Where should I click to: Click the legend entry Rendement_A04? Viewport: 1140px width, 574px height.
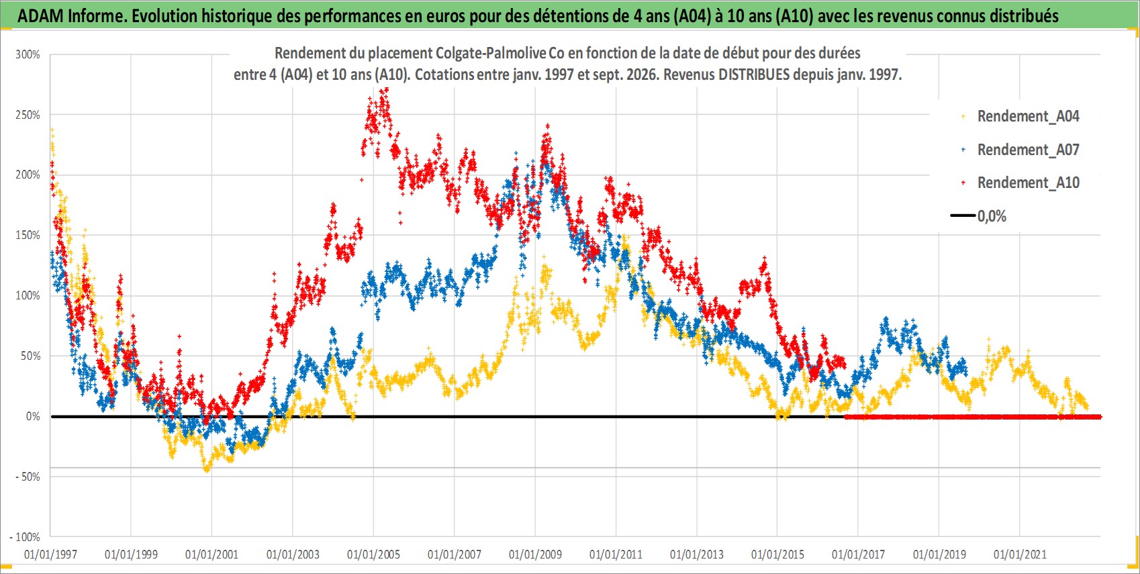1028,117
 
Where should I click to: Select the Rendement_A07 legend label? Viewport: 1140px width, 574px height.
1028,150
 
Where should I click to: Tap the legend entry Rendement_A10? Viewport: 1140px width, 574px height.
1028,183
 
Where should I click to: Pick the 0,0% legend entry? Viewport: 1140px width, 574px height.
992,216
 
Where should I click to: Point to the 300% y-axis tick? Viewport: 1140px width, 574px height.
28,54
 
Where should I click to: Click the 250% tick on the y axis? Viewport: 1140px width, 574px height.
28,115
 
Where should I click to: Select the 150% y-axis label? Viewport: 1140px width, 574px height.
28,235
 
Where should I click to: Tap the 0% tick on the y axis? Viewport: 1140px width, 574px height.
33,417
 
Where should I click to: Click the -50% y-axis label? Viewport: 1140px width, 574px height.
26,477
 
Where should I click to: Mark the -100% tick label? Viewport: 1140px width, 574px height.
24,537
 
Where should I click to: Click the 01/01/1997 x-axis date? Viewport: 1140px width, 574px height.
50,554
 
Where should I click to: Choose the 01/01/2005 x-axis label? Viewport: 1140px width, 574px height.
373,554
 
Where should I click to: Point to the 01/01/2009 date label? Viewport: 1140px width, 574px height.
535,554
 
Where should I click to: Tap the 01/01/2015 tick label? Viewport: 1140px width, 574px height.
777,554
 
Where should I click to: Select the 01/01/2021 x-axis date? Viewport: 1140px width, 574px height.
1020,554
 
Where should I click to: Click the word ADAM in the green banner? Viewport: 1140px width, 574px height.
41,16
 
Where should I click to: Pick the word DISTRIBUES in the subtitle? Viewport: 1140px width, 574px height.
754,75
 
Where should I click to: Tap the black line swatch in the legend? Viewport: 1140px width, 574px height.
963,216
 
